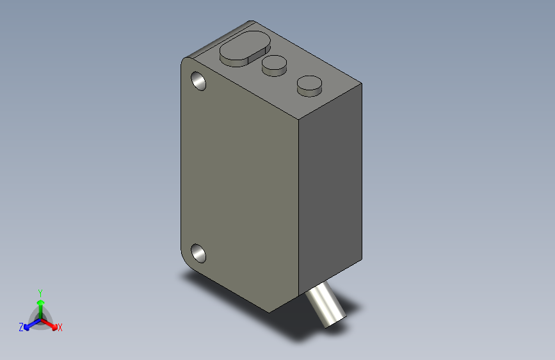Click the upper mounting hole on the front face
(x=198, y=81)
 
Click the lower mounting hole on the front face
(x=198, y=254)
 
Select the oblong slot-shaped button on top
(x=245, y=48)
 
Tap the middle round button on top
(x=275, y=65)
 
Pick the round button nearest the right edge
(x=309, y=86)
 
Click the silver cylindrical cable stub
(x=325, y=304)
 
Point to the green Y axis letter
(x=40, y=293)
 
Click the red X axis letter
(x=60, y=328)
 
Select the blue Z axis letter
(x=21, y=327)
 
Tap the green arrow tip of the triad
(x=41, y=302)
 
